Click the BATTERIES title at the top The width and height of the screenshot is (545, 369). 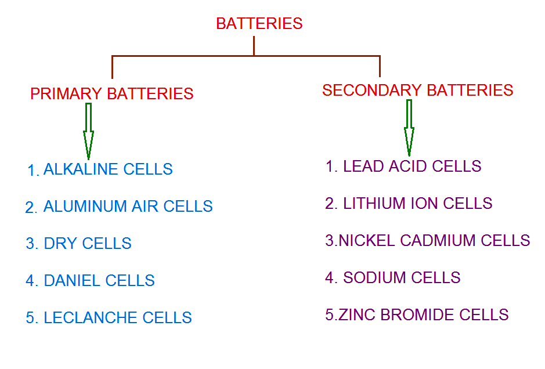[259, 24]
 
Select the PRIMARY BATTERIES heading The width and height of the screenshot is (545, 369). [112, 93]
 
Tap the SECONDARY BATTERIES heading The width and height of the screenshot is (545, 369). [417, 91]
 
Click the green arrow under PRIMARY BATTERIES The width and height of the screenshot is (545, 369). [88, 131]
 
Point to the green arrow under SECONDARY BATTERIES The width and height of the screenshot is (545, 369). [409, 127]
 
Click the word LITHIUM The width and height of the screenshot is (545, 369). [374, 204]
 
